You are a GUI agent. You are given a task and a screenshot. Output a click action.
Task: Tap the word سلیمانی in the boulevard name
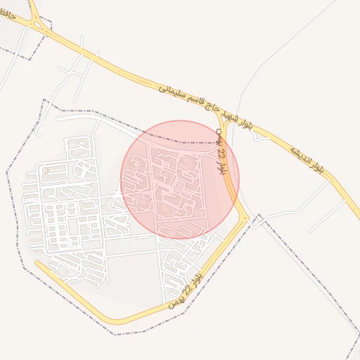(x=173, y=91)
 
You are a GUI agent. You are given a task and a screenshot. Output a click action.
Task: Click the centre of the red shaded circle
(x=180, y=179)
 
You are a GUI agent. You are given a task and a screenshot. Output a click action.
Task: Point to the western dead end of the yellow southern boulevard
(x=37, y=264)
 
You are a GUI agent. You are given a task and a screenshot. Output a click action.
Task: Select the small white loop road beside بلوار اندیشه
(x=262, y=137)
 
